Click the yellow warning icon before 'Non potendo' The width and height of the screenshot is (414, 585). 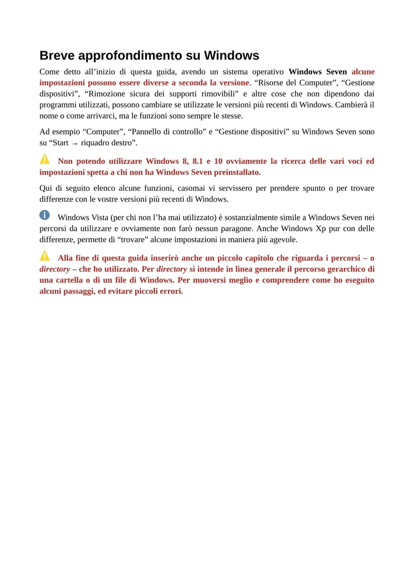pos(45,159)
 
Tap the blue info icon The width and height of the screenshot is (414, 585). pos(45,215)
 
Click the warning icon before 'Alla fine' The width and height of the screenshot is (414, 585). pos(45,256)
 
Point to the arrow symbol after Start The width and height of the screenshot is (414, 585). pos(74,143)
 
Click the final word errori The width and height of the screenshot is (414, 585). pos(170,291)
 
